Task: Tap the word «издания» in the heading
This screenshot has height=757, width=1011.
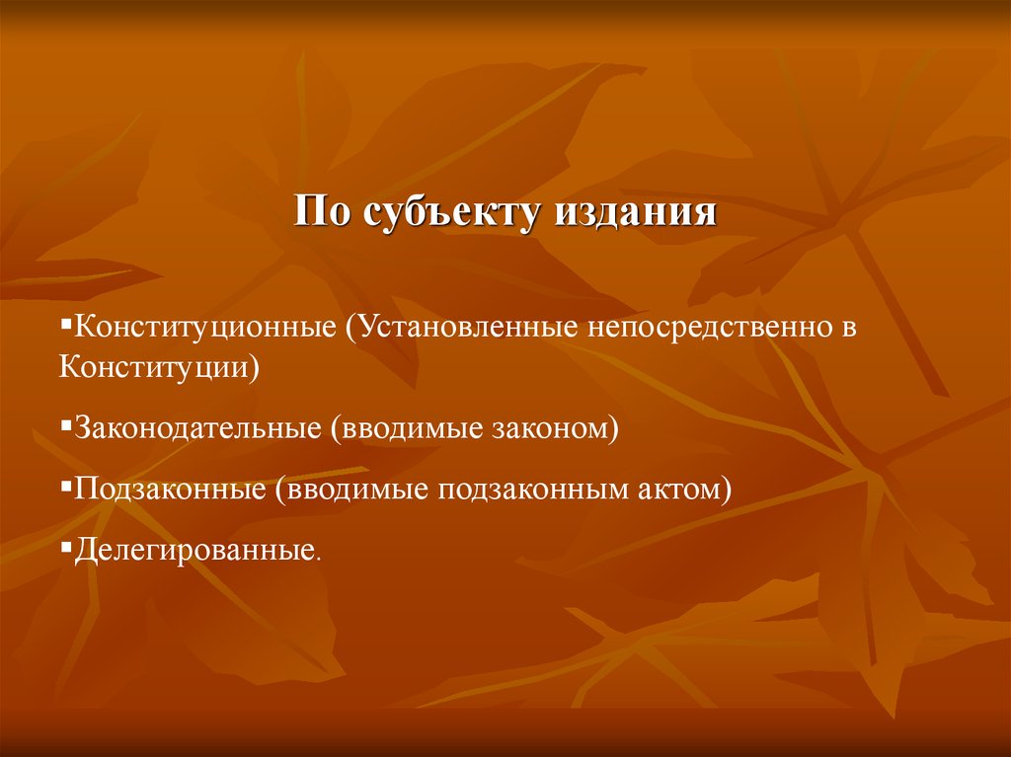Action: [x=635, y=212]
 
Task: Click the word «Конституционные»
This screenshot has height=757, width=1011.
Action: [x=205, y=327]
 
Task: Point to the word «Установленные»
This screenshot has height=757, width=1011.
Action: [x=462, y=327]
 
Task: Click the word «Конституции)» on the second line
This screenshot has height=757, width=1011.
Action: [x=159, y=367]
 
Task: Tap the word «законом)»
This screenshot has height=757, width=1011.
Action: [x=555, y=428]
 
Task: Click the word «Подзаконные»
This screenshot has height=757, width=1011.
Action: [x=170, y=489]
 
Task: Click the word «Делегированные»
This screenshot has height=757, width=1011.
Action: [x=195, y=551]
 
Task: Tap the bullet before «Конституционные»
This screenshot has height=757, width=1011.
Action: [x=65, y=321]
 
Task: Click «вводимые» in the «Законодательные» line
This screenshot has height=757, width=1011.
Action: [x=406, y=428]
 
